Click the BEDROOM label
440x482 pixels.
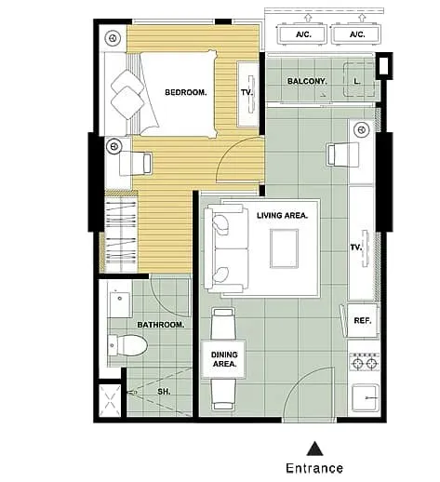click(x=186, y=92)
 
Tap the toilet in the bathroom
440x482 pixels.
click(x=127, y=345)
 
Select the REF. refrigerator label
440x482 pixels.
click(x=363, y=320)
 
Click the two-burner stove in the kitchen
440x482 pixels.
click(x=365, y=362)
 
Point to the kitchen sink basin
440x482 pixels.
click(x=366, y=397)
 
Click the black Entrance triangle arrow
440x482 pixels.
click(x=314, y=449)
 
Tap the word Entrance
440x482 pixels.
click(x=314, y=468)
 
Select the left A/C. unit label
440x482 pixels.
click(x=303, y=34)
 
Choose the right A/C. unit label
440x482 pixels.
click(x=357, y=34)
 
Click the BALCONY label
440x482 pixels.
click(x=307, y=81)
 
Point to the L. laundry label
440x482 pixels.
click(x=357, y=81)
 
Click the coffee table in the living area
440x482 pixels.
click(x=284, y=248)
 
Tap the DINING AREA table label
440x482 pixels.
click(x=224, y=359)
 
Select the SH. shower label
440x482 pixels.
click(x=164, y=392)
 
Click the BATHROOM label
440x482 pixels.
click(x=161, y=325)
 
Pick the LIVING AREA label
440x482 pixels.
click(x=282, y=215)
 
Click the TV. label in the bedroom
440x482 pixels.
click(x=247, y=92)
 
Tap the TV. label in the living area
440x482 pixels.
click(x=356, y=248)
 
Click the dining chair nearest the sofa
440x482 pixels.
click(x=222, y=324)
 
